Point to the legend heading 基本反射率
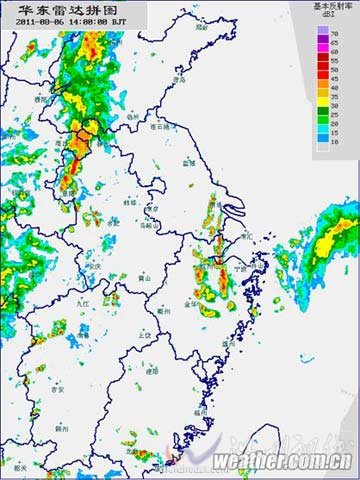coord(332,5)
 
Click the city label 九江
coord(84,300)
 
